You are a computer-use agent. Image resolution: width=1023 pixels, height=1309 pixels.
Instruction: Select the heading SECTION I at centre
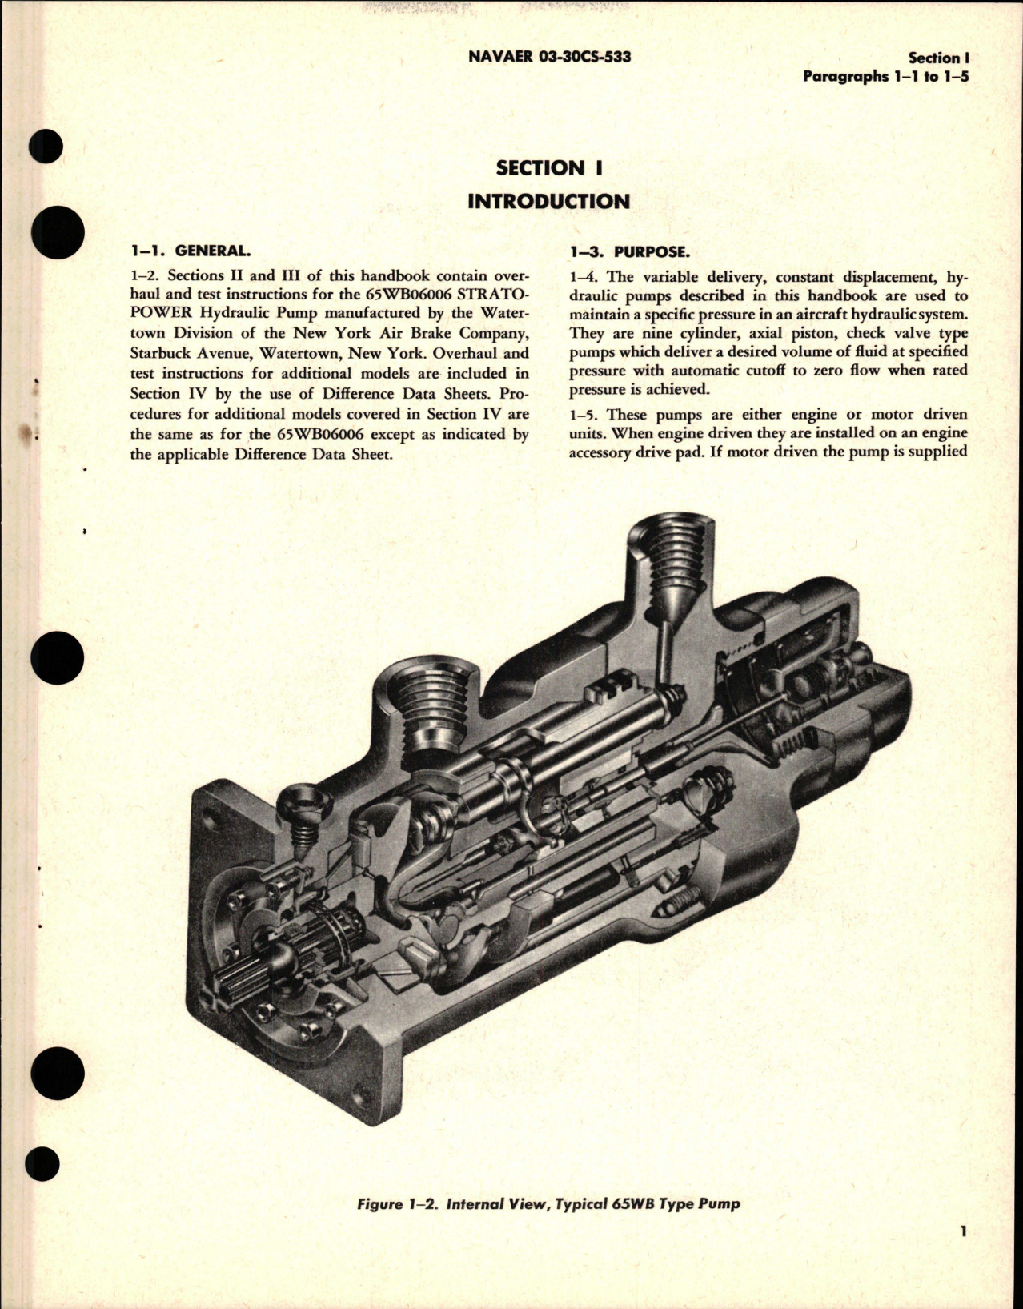tap(548, 168)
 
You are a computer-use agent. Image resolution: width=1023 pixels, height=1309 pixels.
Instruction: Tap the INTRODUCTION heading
tap(548, 200)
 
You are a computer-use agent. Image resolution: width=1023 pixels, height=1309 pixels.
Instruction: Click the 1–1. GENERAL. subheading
tap(183, 251)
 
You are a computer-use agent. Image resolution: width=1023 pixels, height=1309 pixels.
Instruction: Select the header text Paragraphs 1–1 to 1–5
tap(886, 77)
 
